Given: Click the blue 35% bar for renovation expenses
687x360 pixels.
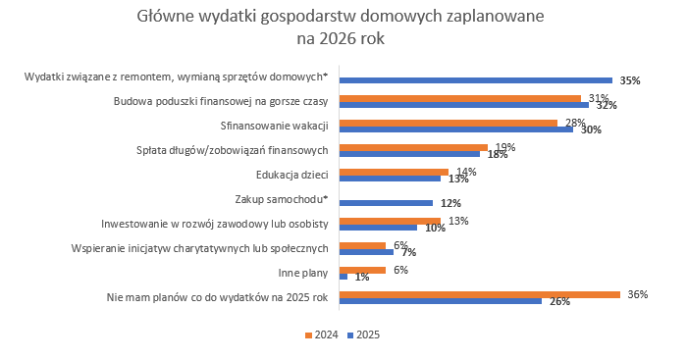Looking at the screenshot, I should click(475, 80).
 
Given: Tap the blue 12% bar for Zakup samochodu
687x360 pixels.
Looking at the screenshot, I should click(386, 203).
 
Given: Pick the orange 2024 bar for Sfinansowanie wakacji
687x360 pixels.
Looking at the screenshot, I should click(448, 122).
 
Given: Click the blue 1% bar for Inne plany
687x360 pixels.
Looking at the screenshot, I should click(343, 277).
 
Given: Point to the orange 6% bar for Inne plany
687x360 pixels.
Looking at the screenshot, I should click(362, 269).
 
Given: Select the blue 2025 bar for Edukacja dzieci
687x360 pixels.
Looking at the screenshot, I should click(390, 179).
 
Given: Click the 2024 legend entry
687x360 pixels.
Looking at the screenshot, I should click(322, 334).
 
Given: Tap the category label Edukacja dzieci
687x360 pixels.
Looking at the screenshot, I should click(291, 175).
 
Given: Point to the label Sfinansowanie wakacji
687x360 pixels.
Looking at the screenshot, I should click(275, 126).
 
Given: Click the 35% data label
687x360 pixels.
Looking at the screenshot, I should click(630, 80).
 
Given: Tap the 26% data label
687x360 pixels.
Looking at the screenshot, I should click(559, 302).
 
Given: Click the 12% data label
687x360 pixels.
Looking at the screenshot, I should click(450, 203).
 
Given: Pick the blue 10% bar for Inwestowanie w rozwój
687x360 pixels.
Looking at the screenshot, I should click(377, 228).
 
